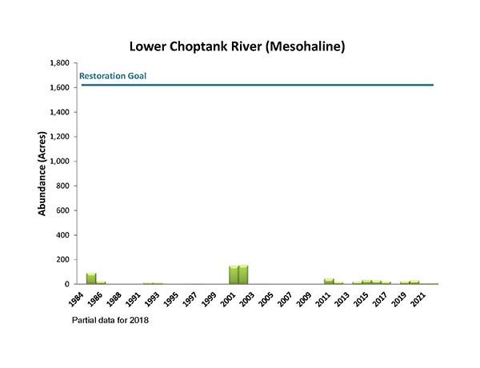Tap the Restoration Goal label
[x=112, y=77]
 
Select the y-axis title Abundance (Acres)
[x=41, y=174]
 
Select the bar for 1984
[x=91, y=278]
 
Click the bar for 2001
[x=234, y=274]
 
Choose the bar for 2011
[x=329, y=281]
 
